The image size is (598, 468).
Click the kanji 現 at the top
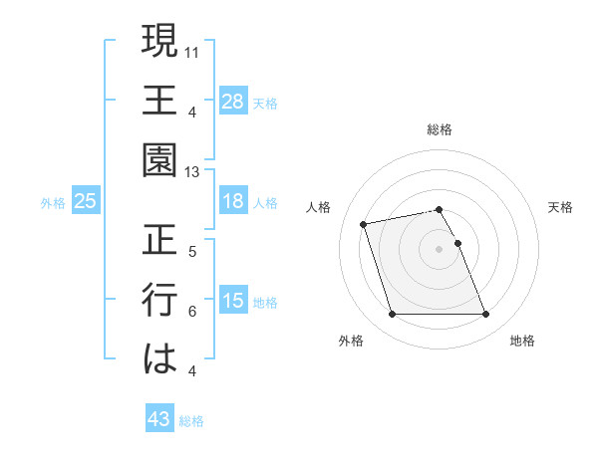click(x=159, y=44)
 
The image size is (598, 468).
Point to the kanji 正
click(x=159, y=241)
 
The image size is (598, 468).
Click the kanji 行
click(x=159, y=301)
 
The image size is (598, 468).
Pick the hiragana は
click(x=159, y=359)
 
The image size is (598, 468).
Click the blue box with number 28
click(x=233, y=101)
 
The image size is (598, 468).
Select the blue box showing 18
click(x=233, y=201)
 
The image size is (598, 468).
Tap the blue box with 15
click(x=233, y=301)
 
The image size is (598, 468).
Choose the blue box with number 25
click(x=86, y=201)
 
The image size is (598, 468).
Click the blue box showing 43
click(x=158, y=419)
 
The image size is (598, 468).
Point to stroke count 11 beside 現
click(x=192, y=51)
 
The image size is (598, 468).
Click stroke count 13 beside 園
click(x=192, y=171)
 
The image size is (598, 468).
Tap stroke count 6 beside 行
click(x=192, y=311)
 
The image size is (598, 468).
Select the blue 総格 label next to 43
click(x=191, y=421)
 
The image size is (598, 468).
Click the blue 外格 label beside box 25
click(x=53, y=203)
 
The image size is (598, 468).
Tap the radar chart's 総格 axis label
click(x=440, y=129)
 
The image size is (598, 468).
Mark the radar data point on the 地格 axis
click(x=485, y=315)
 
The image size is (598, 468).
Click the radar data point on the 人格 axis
click(x=364, y=223)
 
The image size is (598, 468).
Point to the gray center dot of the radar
click(x=440, y=248)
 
